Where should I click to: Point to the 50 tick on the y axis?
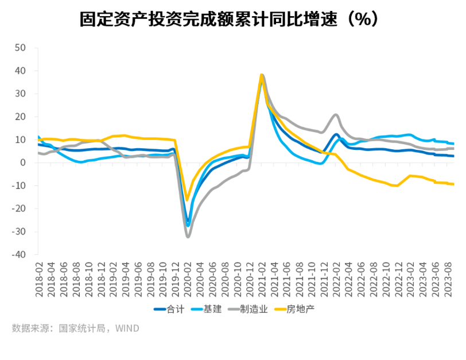point(21,48)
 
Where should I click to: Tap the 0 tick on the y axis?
point(24,163)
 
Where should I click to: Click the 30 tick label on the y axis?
point(21,94)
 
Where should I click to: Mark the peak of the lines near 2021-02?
point(262,75)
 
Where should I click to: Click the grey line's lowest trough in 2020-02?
point(188,237)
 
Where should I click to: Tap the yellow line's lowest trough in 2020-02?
point(187,200)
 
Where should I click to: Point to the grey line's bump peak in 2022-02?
point(336,115)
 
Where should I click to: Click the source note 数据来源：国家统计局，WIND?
point(75,328)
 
